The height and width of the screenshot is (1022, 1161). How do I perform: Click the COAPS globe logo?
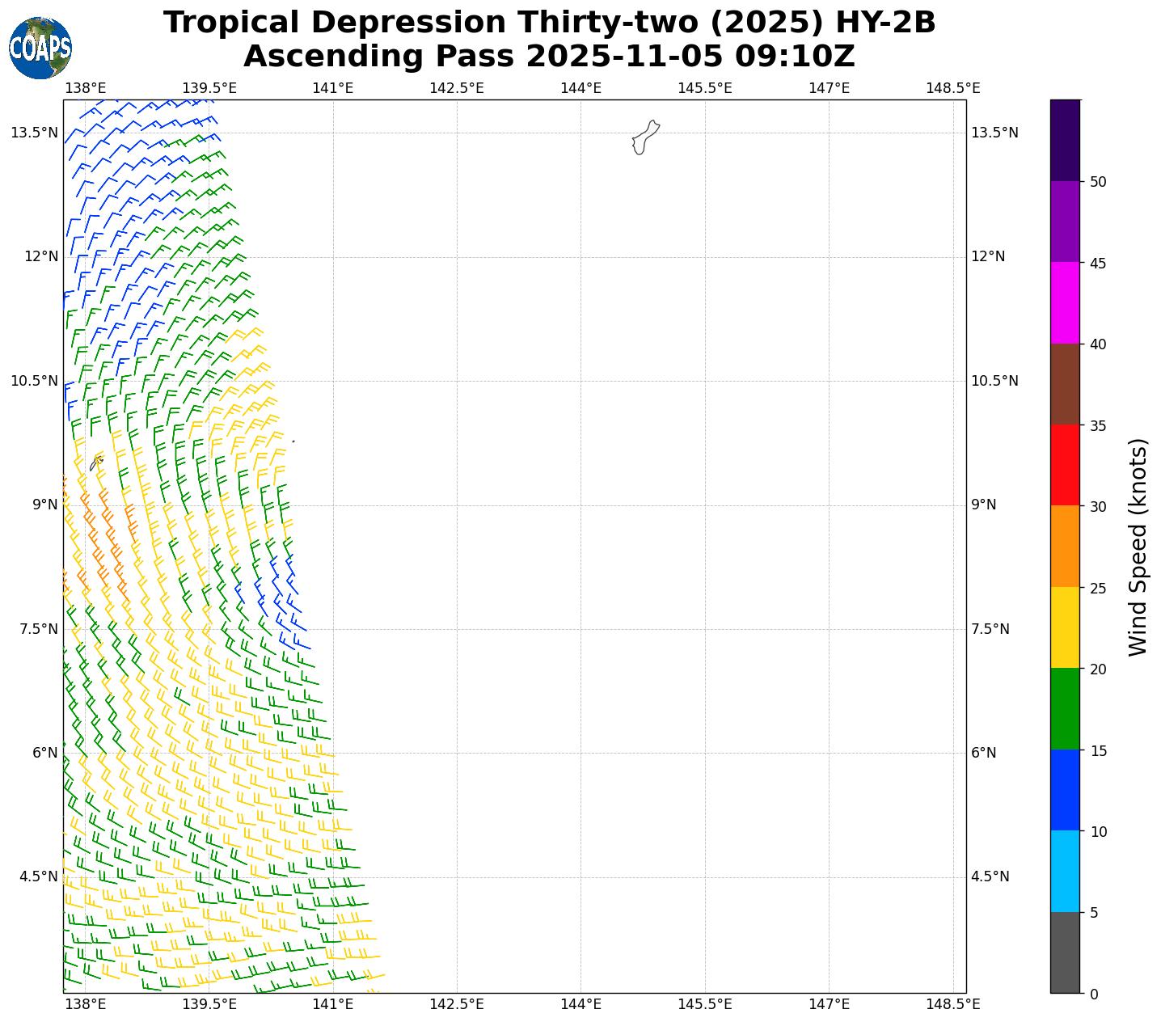coord(40,49)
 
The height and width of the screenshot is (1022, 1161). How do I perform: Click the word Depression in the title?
coord(391,23)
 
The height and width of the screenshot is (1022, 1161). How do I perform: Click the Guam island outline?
coord(645,137)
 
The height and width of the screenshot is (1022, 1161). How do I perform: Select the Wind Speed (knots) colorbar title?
coord(1138,547)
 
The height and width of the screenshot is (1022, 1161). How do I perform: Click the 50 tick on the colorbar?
coord(1098,182)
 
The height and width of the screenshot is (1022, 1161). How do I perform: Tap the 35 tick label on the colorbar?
coord(1098,425)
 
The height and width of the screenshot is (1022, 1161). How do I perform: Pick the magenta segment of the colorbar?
coord(1065,302)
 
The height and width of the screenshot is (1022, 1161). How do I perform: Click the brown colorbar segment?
coord(1065,384)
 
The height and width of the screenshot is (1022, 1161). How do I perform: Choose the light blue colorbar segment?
coord(1065,871)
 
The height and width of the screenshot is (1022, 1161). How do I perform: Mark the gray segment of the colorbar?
coord(1065,952)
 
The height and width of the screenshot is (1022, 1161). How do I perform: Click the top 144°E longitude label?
coord(580,87)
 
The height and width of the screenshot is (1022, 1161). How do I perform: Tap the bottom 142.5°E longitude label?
coord(457,1004)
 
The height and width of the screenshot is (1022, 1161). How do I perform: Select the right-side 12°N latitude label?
coord(988,256)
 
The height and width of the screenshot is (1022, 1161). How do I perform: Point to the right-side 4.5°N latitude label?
coord(990,876)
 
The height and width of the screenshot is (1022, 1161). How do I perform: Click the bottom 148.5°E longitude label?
coord(953,1004)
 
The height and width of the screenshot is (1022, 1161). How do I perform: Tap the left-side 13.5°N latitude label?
coord(34,133)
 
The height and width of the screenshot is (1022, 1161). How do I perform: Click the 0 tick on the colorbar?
coord(1094,994)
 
